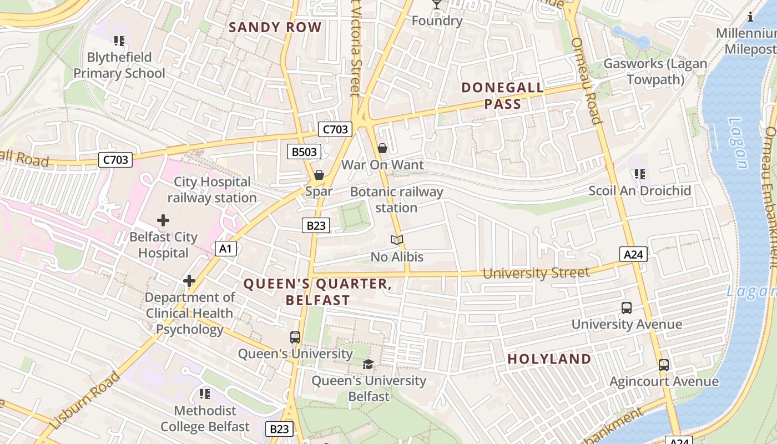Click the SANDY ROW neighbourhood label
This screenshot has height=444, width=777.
pos(275,27)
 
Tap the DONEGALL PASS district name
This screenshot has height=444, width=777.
pos(502,95)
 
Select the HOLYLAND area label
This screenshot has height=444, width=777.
pos(549,359)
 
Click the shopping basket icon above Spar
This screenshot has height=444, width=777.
pos(319,175)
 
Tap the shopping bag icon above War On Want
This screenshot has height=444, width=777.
pos(382,148)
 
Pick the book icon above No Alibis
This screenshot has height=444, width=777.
pos(396,240)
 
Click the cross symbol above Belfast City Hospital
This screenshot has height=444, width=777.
pos(163,220)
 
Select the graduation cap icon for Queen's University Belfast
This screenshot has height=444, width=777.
pos(368,364)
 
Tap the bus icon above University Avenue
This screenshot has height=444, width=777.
pos(627,307)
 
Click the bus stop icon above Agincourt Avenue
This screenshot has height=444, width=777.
pos(664,365)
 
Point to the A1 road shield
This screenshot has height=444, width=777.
pos(226,249)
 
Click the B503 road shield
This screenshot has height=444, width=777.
pos(304,152)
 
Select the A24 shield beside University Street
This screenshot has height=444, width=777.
pos(633,254)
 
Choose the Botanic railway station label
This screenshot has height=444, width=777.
pos(396,200)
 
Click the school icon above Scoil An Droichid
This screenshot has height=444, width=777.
pos(640,174)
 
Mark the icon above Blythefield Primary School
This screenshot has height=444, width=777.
pos(119,41)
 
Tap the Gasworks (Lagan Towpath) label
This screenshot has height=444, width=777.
pos(655,72)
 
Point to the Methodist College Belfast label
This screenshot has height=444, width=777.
pos(205,418)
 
